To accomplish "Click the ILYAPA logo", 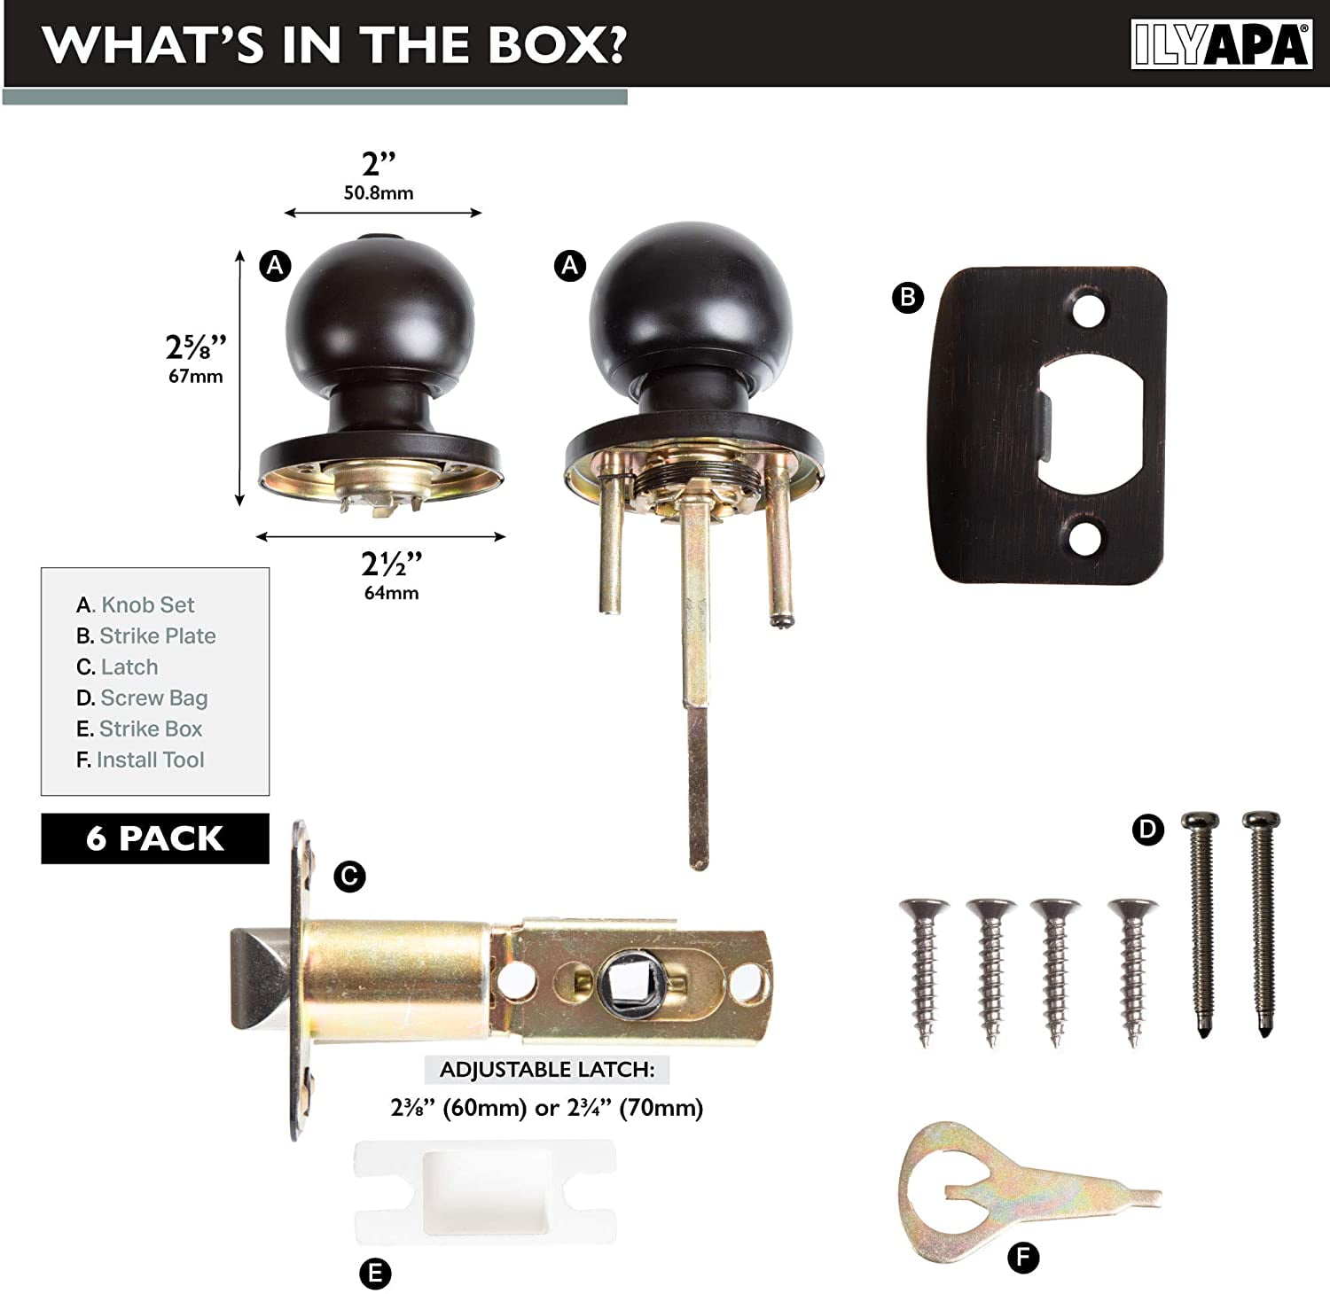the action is (x=1221, y=44).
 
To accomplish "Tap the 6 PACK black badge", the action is (x=155, y=838).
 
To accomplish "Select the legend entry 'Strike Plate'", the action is (x=146, y=635).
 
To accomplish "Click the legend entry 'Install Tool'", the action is (x=140, y=760).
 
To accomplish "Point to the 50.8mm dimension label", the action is (x=379, y=192).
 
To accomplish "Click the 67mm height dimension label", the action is (x=196, y=376).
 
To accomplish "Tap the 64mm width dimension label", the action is (x=391, y=592).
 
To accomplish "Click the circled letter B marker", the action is (x=908, y=297).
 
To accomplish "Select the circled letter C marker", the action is (x=349, y=877).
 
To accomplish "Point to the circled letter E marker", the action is (x=375, y=1274).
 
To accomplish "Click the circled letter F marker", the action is (x=1023, y=1257).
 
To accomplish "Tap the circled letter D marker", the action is (x=1148, y=830).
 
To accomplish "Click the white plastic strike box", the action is (x=485, y=1191).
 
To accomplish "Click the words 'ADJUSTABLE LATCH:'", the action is (x=547, y=1070).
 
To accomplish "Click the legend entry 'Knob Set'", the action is (x=135, y=604).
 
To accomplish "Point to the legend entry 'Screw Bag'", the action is (x=142, y=698).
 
